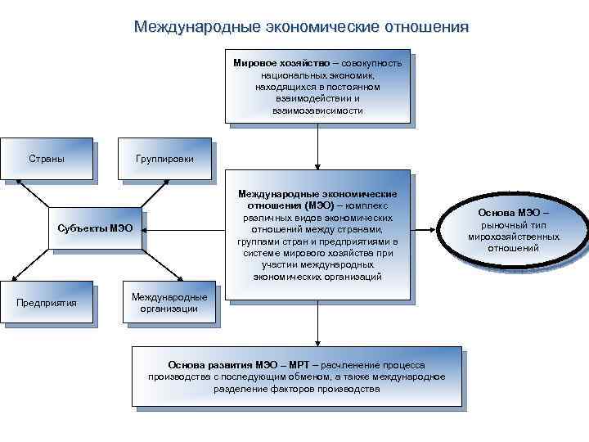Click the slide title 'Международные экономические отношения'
tap(302, 27)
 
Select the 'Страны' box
tap(47, 158)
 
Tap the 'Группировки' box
tap(164, 158)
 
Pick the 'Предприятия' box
tap(47, 303)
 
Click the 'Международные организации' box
tap(169, 302)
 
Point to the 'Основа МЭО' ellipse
tap(513, 230)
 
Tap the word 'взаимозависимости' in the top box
tap(317, 110)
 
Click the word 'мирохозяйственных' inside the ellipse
tap(513, 237)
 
